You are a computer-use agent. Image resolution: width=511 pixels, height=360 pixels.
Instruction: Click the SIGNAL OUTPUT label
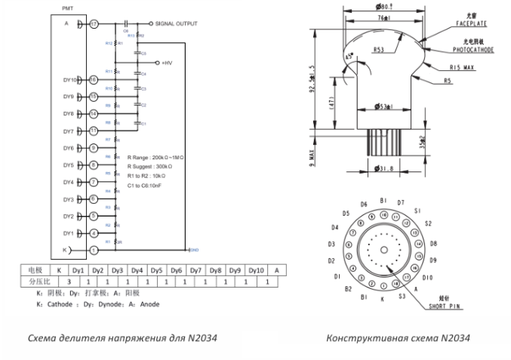point(177,24)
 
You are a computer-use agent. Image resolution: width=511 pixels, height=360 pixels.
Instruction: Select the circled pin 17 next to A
point(94,24)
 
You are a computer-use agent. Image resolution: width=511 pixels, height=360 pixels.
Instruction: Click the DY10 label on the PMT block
point(69,79)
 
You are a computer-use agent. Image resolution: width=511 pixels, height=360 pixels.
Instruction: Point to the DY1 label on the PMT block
point(68,232)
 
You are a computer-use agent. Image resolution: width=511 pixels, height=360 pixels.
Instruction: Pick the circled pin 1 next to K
point(94,250)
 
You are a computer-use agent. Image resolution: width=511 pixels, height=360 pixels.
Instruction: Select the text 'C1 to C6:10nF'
point(151,183)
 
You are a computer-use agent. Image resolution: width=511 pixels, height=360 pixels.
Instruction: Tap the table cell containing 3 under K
point(69,281)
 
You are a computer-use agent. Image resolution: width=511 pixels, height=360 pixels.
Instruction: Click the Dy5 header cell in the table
point(156,269)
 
